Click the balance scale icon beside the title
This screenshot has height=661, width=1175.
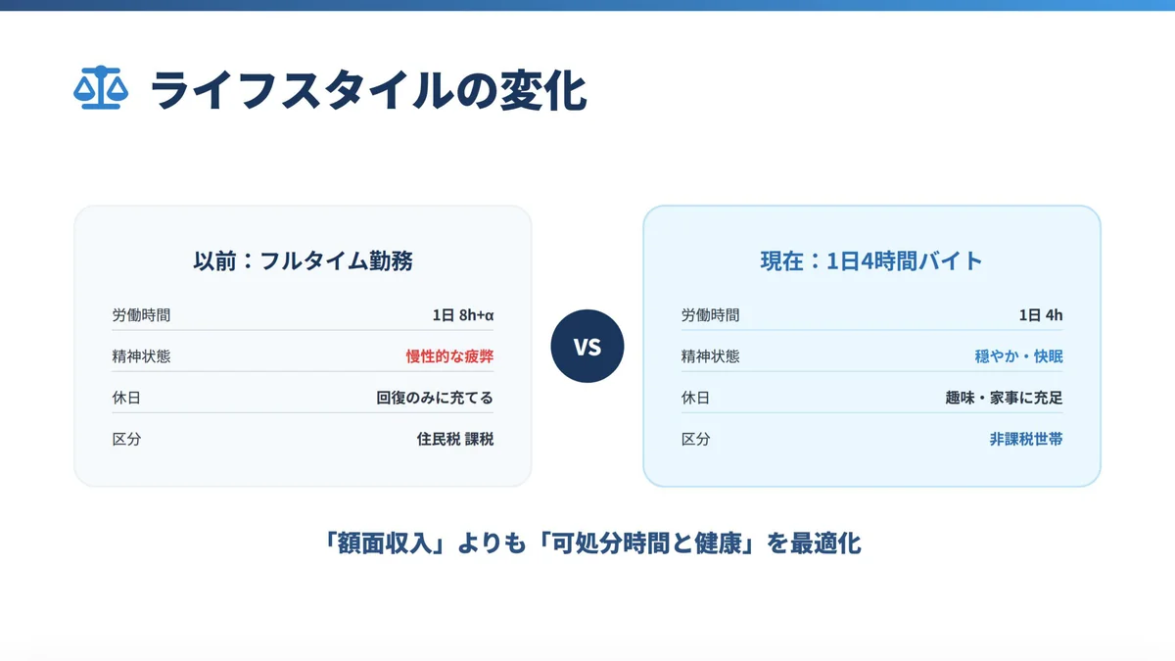click(100, 89)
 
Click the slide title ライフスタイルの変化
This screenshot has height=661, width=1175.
click(368, 90)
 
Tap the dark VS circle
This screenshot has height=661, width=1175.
click(587, 346)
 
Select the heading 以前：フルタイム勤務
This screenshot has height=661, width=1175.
click(303, 261)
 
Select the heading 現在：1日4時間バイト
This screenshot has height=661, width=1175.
click(871, 261)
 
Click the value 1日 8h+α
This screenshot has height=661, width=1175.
click(462, 315)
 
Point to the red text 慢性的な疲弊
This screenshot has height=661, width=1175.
click(449, 356)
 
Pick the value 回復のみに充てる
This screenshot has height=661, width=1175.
click(435, 398)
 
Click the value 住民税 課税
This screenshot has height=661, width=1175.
click(455, 439)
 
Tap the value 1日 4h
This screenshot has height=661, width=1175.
click(1040, 315)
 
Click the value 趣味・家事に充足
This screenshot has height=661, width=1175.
click(1004, 398)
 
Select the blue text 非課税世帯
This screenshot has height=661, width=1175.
click(1025, 439)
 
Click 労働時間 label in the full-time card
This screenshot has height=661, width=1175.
click(141, 315)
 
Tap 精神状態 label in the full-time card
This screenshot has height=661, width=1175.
click(141, 356)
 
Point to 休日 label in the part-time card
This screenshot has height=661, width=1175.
click(695, 398)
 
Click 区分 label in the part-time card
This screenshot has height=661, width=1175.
click(695, 439)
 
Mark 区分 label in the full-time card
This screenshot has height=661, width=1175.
click(126, 439)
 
